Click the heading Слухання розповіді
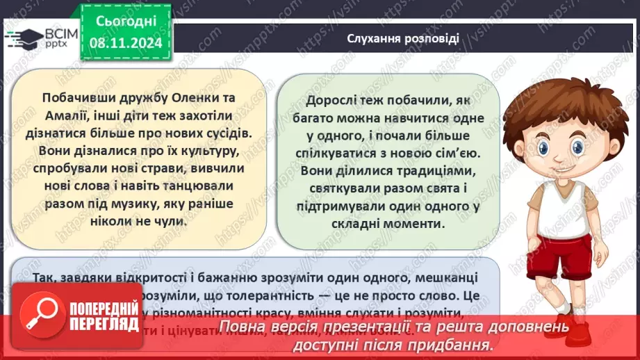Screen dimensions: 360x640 pos(402,38)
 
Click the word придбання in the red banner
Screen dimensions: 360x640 pos(447,345)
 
